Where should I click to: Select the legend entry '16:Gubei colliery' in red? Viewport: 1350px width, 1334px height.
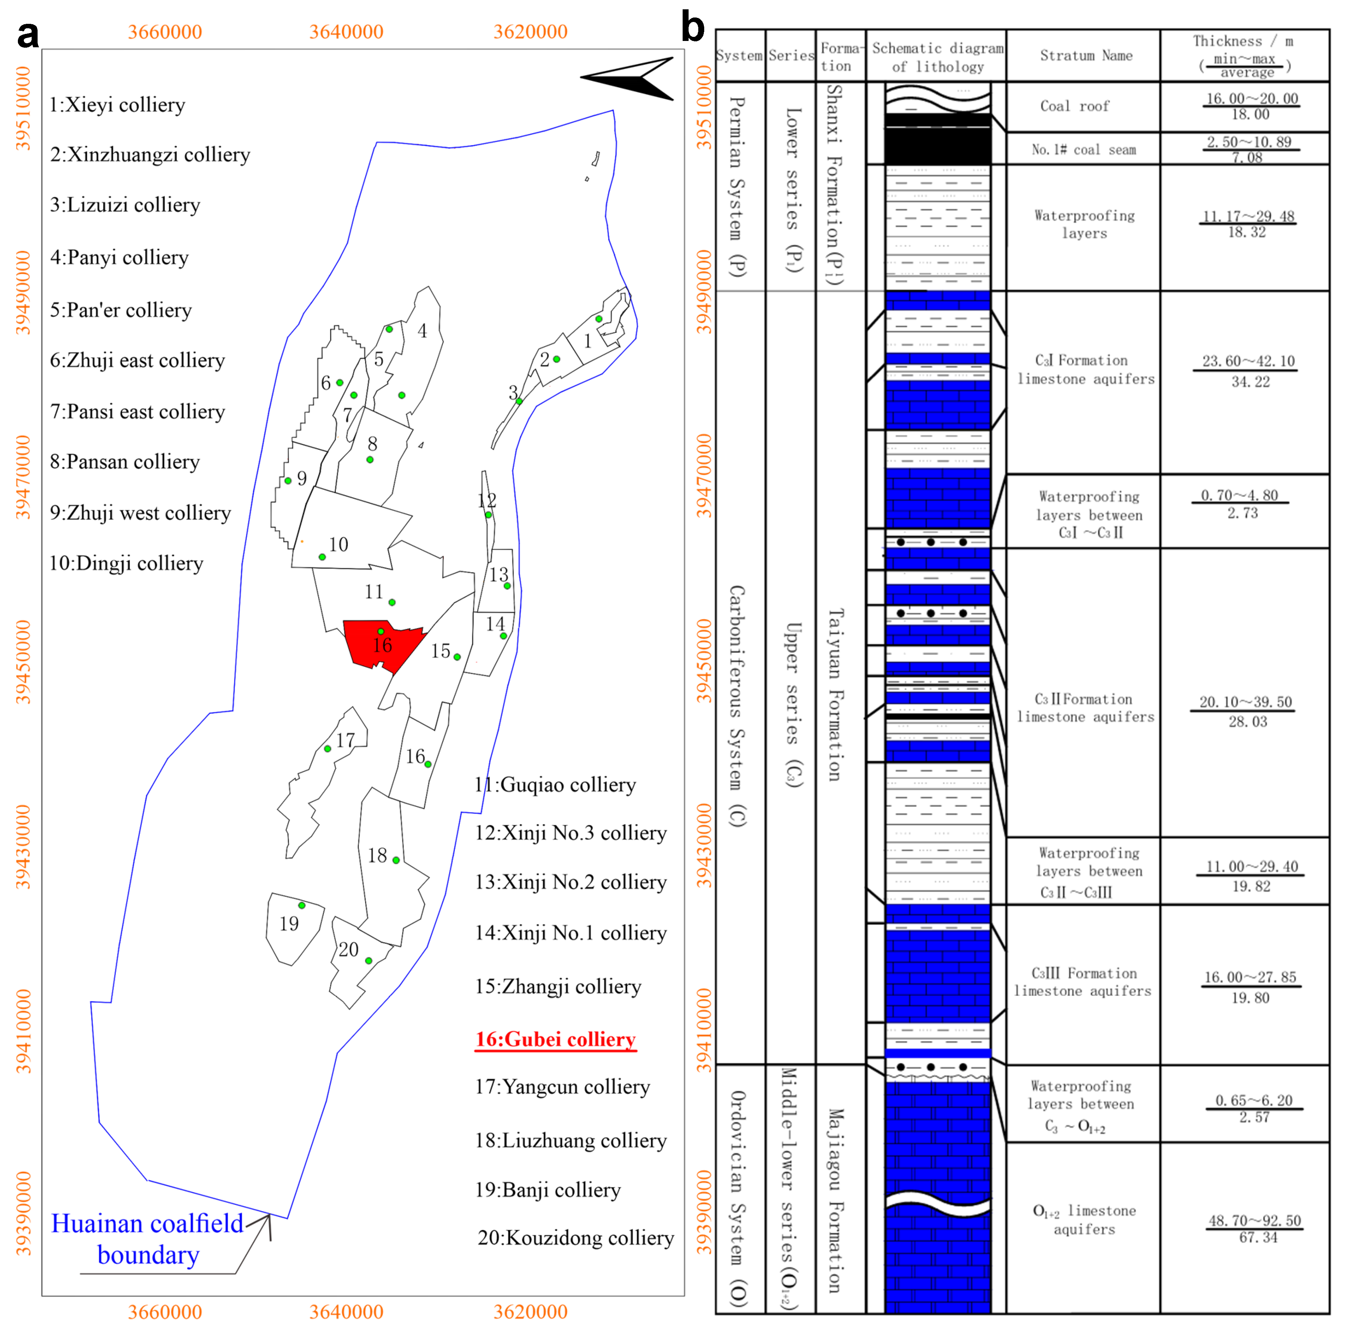tap(555, 1039)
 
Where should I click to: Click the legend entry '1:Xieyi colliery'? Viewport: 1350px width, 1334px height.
tap(117, 105)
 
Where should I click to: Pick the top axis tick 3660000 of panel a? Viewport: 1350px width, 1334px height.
tap(165, 31)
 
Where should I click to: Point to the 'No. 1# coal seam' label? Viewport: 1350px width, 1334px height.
tap(1083, 150)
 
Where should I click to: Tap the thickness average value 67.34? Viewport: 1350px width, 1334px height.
tap(1258, 1238)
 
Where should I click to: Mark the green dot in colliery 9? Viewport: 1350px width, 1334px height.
tap(288, 481)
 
